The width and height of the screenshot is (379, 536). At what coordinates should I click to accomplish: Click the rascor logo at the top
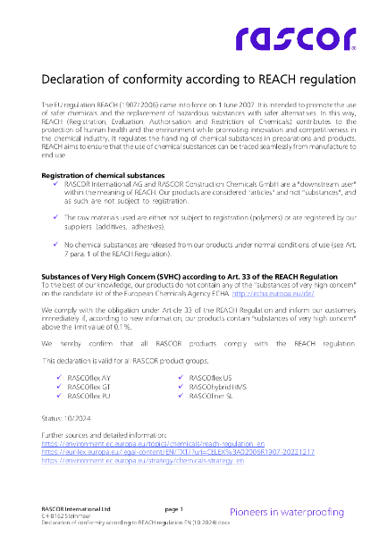[294, 38]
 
